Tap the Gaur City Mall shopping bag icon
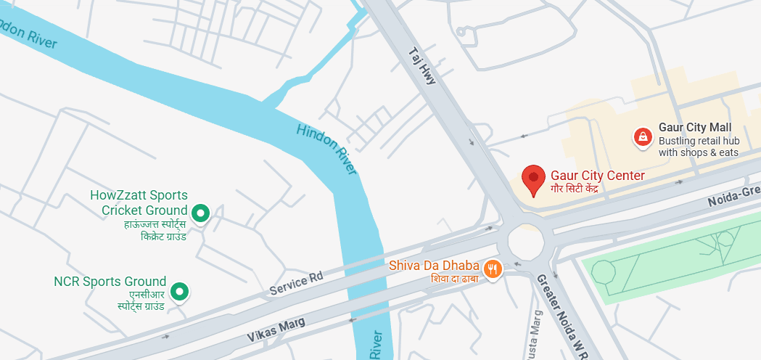click(x=642, y=136)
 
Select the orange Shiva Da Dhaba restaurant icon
click(x=493, y=269)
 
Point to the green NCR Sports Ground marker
click(x=178, y=292)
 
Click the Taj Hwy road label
click(x=422, y=67)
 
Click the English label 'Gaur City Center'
click(x=597, y=175)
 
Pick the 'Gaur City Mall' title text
click(x=694, y=127)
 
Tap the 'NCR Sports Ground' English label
click(x=110, y=281)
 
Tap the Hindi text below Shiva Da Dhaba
click(x=455, y=279)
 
